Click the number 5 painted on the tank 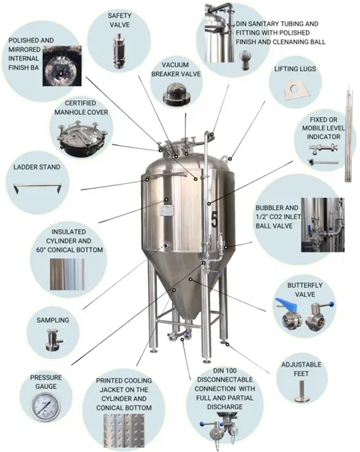[x=214, y=219]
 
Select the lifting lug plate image [x=296, y=90]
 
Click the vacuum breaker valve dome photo [x=177, y=94]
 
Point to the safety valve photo [x=118, y=51]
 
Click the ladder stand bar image [x=38, y=187]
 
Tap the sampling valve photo [x=53, y=340]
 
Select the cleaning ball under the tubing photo [x=246, y=59]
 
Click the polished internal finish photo [x=62, y=66]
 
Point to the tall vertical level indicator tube [x=349, y=135]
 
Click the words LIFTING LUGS [x=295, y=69]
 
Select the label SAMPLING [x=53, y=320]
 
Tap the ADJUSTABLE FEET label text [x=301, y=369]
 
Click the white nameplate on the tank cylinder [x=167, y=211]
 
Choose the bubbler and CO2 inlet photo [x=322, y=225]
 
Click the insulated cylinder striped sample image [x=67, y=274]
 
